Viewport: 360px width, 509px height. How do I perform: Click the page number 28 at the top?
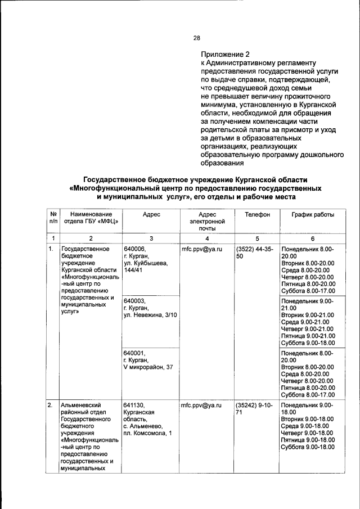click(x=197, y=38)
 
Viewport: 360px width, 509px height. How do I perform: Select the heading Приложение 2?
click(x=224, y=55)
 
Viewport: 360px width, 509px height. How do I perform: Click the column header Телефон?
click(x=257, y=215)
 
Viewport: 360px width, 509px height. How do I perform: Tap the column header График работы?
click(x=312, y=215)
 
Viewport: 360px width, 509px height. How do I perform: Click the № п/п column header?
click(x=52, y=218)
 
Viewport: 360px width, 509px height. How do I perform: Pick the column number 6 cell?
click(x=312, y=238)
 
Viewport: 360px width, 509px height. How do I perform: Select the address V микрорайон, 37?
click(x=148, y=367)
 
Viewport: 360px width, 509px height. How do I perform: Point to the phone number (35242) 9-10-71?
click(x=255, y=409)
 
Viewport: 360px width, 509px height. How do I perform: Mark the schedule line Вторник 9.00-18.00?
click(x=308, y=419)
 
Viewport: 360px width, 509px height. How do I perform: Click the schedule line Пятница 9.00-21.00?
click(x=308, y=336)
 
